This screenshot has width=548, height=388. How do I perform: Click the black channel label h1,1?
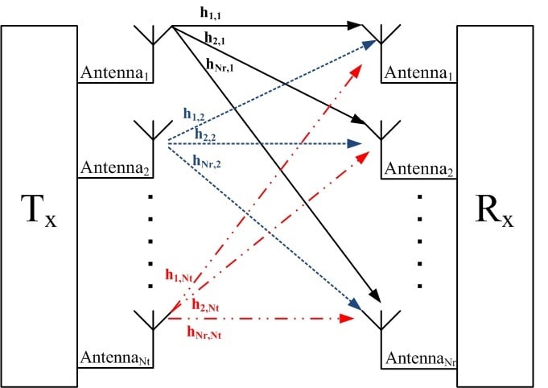pyautogui.click(x=212, y=14)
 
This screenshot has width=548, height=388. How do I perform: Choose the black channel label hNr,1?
pyautogui.click(x=220, y=67)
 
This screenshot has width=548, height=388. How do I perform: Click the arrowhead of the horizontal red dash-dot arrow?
pyautogui.click(x=348, y=319)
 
